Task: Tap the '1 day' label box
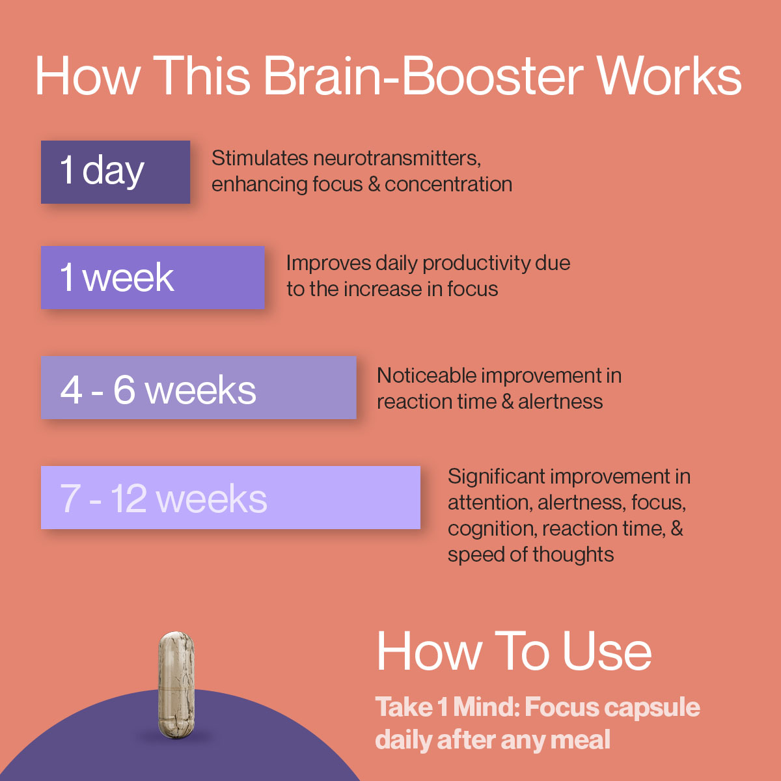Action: (115, 172)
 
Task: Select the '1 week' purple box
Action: (152, 277)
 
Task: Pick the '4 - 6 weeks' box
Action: (199, 388)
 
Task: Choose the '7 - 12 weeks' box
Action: (230, 497)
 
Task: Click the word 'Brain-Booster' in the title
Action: (423, 76)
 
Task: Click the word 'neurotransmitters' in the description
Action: (396, 158)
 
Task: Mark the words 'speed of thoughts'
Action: (530, 555)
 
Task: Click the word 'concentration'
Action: (448, 184)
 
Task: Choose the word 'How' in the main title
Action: (87, 76)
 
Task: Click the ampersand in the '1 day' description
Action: (374, 184)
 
